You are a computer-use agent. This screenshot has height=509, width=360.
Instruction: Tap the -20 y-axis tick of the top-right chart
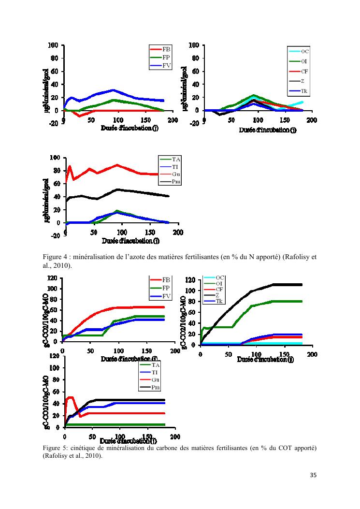tap(194, 123)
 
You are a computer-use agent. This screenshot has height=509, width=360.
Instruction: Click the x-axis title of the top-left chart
tap(130, 128)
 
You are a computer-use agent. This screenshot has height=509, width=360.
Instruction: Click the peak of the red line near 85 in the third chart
tap(70, 166)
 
